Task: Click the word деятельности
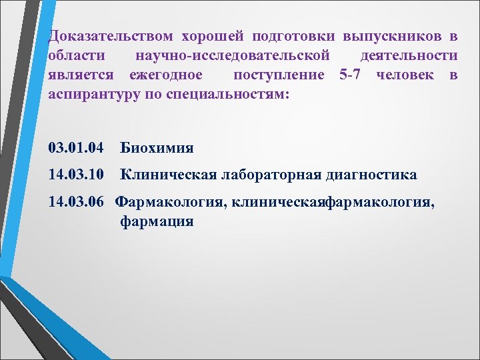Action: click(x=408, y=55)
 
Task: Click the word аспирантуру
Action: click(x=90, y=95)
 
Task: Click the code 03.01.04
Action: click(x=75, y=147)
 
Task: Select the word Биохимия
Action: click(x=157, y=147)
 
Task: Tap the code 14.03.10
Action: click(x=75, y=175)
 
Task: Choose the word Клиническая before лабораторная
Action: click(x=168, y=175)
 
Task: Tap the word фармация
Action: click(x=157, y=221)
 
